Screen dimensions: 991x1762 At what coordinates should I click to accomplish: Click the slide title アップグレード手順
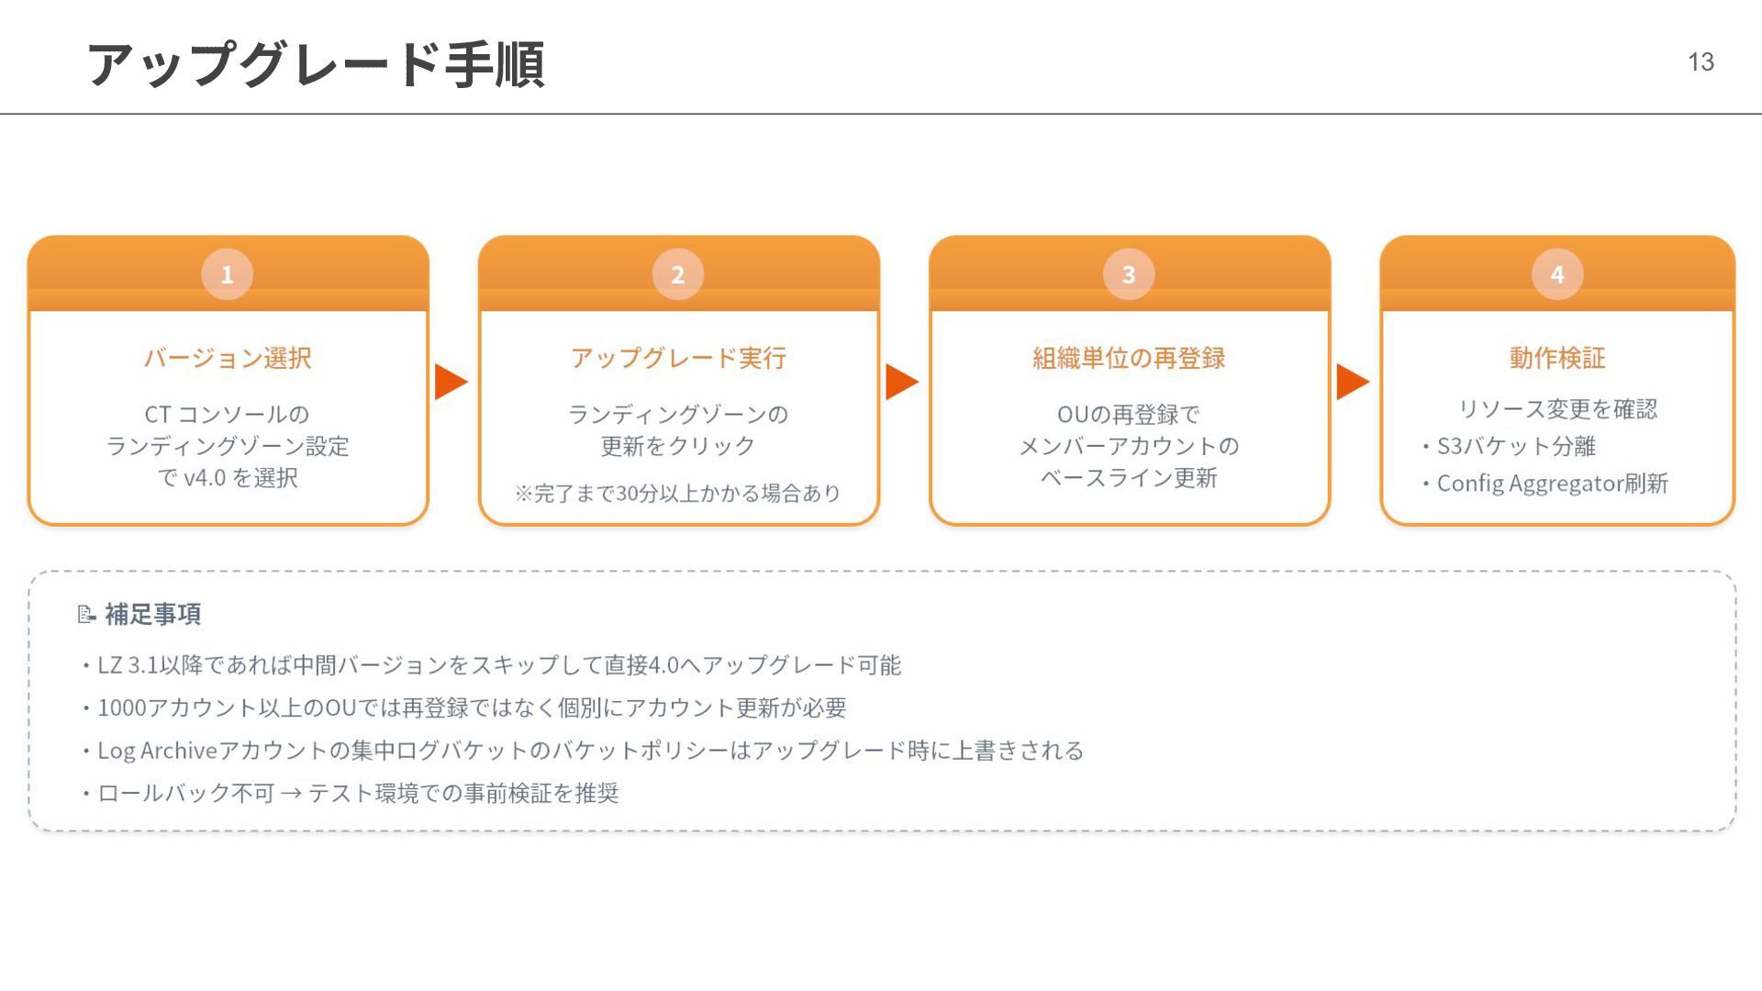316,64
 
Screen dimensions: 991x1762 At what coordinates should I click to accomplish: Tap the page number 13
1701,61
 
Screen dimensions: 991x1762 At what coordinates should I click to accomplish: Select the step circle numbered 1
227,274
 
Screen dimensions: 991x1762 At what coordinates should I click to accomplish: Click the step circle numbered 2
677,274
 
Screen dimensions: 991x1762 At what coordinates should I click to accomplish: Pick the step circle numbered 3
1129,274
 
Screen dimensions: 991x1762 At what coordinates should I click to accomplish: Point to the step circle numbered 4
1557,274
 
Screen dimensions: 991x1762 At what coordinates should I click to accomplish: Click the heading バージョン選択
228,358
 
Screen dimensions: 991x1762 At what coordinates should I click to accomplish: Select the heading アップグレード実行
678,358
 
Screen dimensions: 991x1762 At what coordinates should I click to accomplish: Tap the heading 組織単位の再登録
1129,358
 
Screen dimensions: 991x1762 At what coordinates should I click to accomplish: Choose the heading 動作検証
1557,358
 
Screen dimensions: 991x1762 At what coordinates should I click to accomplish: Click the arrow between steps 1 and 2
451,382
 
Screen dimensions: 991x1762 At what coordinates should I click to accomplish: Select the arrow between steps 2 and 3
901,382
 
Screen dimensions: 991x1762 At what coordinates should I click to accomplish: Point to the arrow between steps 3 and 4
1353,382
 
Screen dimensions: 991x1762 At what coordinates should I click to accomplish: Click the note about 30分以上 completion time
678,494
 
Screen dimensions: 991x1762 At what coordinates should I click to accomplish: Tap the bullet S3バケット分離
1515,446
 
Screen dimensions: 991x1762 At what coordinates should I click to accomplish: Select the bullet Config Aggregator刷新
1551,484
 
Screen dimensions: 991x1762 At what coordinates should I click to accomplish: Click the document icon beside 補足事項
86,614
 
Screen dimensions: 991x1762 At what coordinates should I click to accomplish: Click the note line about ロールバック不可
358,793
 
